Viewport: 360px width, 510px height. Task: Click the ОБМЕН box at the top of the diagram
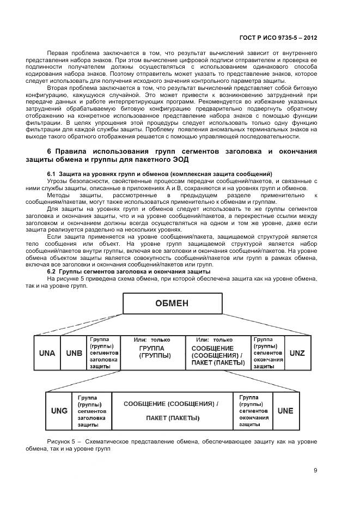point(172,303)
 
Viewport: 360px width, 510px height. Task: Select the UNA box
point(47,353)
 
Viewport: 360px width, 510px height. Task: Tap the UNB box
point(74,353)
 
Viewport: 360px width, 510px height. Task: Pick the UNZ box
point(297,353)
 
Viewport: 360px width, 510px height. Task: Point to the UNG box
point(59,410)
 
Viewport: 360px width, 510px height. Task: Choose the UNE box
point(285,410)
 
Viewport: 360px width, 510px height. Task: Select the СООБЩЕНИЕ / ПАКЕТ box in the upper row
point(218,353)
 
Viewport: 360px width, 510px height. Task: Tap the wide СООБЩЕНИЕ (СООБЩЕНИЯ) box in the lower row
point(172,410)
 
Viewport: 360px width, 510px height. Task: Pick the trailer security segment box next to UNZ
point(269,353)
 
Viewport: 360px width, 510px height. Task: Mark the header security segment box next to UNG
point(92,410)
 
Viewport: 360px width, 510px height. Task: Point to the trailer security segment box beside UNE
point(253,410)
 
